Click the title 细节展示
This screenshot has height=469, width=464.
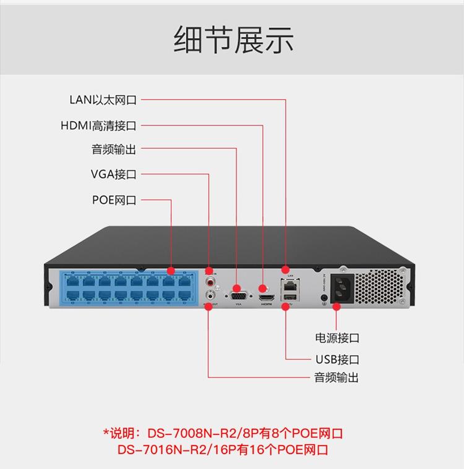[x=233, y=40]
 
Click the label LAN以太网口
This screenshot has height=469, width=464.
[x=103, y=100]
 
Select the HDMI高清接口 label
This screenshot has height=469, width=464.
[x=98, y=125]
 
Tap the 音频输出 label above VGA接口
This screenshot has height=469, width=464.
[x=114, y=150]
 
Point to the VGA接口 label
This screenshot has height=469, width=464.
[x=113, y=174]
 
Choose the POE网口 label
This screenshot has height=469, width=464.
[x=114, y=200]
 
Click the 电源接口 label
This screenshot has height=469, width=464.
[x=337, y=338]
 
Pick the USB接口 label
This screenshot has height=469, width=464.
[x=337, y=360]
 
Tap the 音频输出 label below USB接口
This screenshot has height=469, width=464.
[x=337, y=378]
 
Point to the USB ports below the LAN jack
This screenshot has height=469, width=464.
[x=289, y=300]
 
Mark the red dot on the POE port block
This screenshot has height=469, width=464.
[x=171, y=271]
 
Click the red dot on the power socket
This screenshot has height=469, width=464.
[x=336, y=306]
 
